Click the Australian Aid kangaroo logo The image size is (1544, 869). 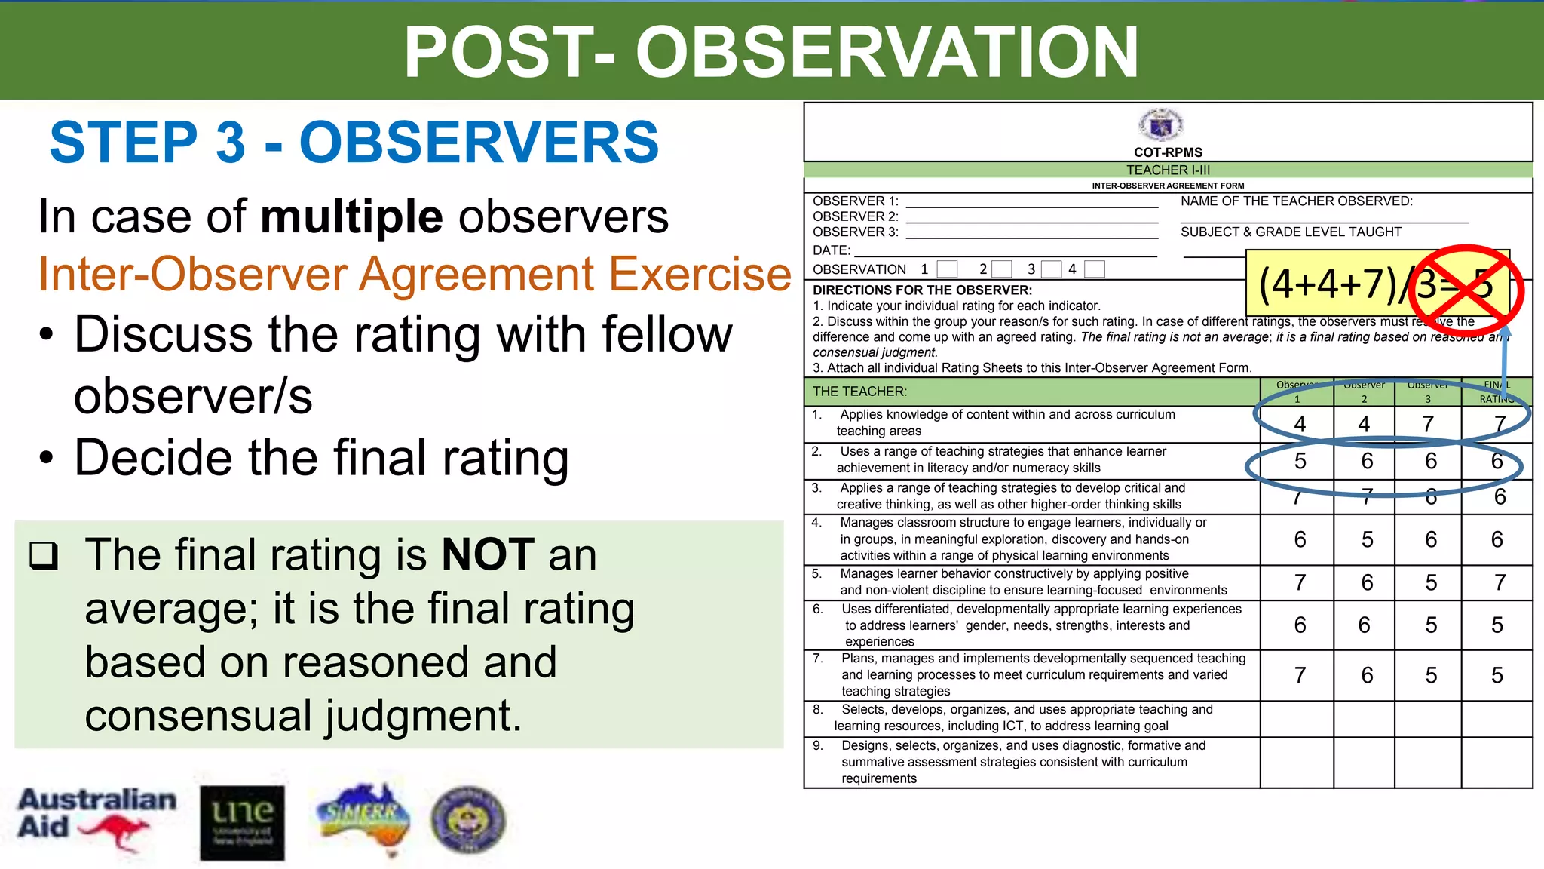click(96, 818)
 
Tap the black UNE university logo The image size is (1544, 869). click(242, 823)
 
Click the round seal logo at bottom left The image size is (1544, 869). click(467, 820)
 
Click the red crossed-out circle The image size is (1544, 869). click(1466, 285)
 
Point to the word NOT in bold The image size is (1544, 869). click(488, 554)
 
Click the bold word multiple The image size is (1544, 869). click(351, 217)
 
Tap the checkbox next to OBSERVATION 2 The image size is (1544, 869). click(1002, 269)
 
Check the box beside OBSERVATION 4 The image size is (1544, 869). click(1095, 269)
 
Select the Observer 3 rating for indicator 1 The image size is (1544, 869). click(1428, 425)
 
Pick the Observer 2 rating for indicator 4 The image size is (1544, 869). click(1367, 539)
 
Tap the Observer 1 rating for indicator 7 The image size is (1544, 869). click(1300, 675)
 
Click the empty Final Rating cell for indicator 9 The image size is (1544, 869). click(1497, 762)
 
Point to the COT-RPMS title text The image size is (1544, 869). click(1168, 152)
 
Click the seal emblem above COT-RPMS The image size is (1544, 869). click(1161, 124)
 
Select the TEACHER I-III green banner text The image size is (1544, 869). click(1168, 170)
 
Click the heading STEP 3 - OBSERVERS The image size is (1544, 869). click(354, 142)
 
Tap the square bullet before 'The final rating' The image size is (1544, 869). click(44, 556)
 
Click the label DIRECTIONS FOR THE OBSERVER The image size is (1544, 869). click(922, 290)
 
